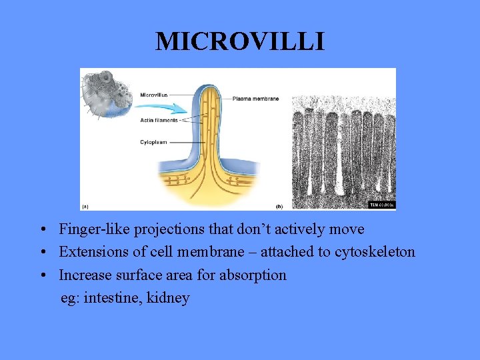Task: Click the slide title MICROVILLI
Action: (x=240, y=41)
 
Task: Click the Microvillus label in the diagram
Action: (x=153, y=95)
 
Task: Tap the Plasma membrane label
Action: (x=255, y=99)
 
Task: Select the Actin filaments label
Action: (x=159, y=120)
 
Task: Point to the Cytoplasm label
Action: (x=153, y=141)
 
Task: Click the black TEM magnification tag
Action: (x=382, y=205)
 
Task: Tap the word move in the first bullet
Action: (x=347, y=229)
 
